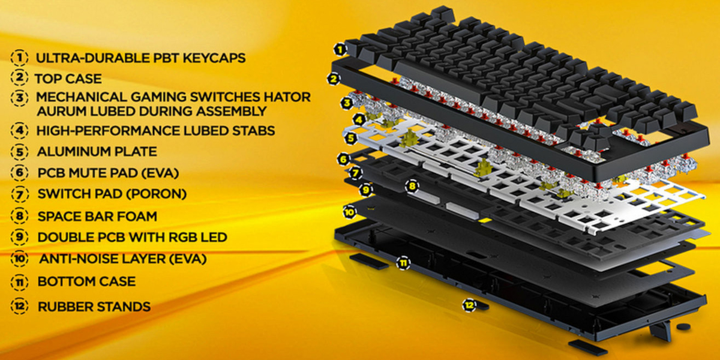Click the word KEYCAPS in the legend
(x=214, y=58)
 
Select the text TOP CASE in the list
(x=68, y=79)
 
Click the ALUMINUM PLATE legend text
(x=97, y=151)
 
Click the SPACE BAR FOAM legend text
(x=97, y=216)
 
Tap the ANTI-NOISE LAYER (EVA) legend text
(x=123, y=259)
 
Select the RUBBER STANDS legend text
(x=94, y=307)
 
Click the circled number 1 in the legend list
(x=20, y=58)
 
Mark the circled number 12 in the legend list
(x=20, y=307)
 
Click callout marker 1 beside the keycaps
(x=340, y=50)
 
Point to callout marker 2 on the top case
(x=334, y=79)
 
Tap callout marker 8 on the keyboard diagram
(x=412, y=186)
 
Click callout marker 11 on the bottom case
(x=403, y=263)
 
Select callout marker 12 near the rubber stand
(x=469, y=305)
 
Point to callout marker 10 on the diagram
(x=349, y=212)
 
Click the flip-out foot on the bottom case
(x=661, y=331)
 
